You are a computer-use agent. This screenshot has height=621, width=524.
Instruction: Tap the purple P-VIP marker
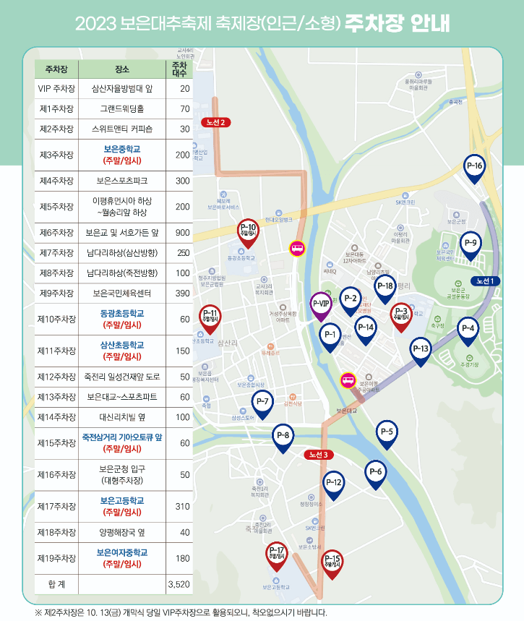pos(321,303)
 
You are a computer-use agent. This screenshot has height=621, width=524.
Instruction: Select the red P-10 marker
pos(247,230)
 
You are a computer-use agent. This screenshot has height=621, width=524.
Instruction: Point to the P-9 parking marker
pos(470,244)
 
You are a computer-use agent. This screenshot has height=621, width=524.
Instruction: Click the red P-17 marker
pos(276,554)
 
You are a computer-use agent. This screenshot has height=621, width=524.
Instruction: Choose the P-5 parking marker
pos(387,433)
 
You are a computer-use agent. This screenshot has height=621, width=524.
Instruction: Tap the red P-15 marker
pos(332,560)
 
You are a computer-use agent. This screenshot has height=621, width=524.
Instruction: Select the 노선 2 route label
pos(217,121)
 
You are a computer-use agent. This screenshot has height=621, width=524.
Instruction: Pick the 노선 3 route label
pos(318,454)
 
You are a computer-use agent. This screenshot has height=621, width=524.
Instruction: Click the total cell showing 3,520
pos(178,583)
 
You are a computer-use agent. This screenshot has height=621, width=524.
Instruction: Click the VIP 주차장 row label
pos(56,89)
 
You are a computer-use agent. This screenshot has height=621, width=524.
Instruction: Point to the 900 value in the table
pos(182,232)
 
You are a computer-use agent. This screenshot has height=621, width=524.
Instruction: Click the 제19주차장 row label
pos(56,558)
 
